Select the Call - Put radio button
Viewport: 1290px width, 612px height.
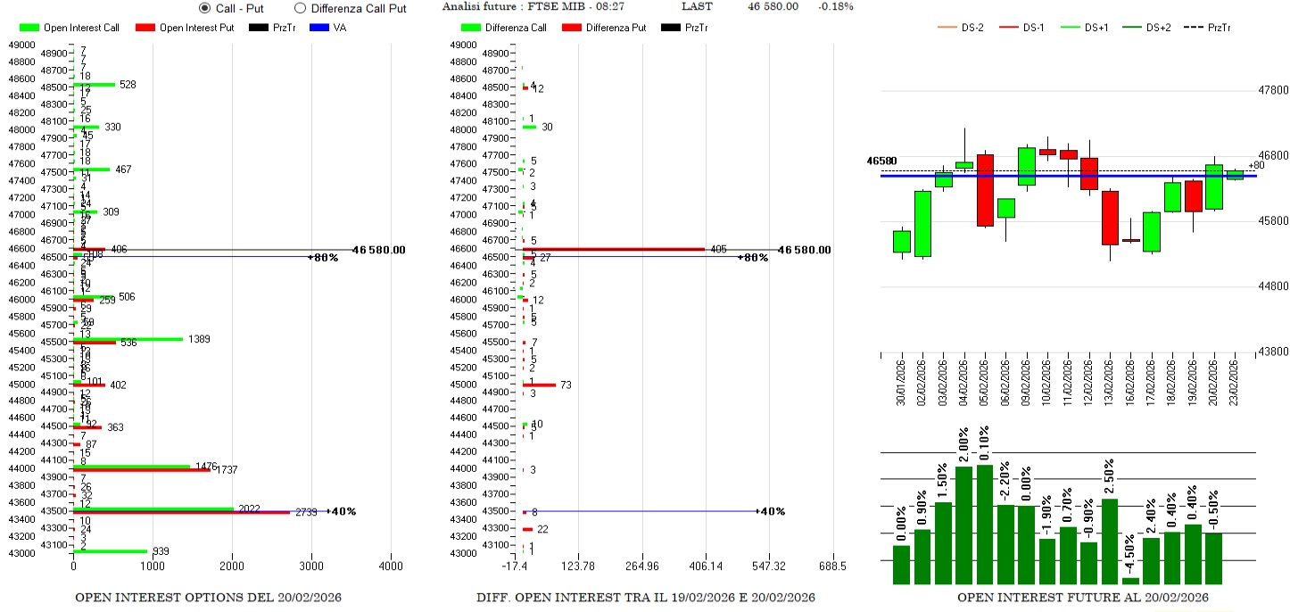[205, 8]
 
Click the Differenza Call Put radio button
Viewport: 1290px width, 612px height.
[300, 8]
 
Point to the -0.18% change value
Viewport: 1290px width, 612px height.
[835, 7]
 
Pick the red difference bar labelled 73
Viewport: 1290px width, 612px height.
[539, 385]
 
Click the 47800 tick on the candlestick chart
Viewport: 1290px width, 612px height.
[1273, 91]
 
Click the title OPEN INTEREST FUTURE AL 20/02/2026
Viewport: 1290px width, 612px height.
[1083, 598]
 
